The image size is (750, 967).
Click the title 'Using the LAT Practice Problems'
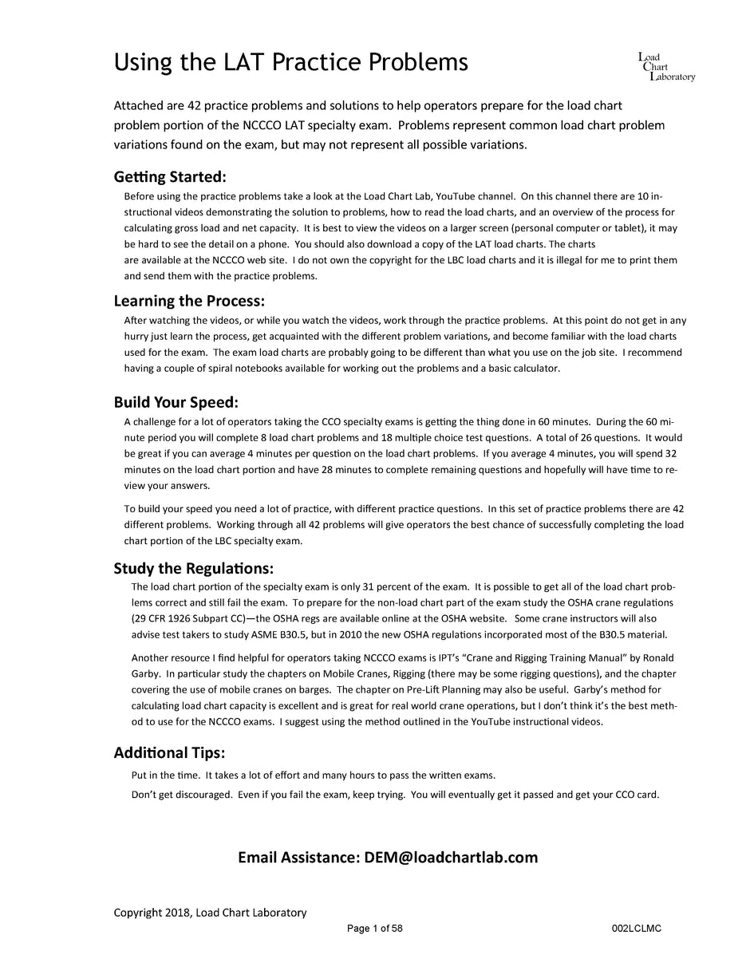tap(290, 62)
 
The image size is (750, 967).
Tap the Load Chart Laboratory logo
tap(666, 67)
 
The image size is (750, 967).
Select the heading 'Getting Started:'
tap(170, 176)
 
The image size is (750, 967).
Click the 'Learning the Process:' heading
tap(189, 301)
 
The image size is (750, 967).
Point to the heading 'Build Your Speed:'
tap(176, 401)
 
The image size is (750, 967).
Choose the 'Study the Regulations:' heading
tap(193, 568)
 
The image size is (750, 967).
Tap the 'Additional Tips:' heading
tap(169, 752)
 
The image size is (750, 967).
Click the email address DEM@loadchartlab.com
tap(451, 857)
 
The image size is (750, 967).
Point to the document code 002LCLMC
tap(636, 929)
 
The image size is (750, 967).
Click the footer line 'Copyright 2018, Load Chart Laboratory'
tap(210, 913)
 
